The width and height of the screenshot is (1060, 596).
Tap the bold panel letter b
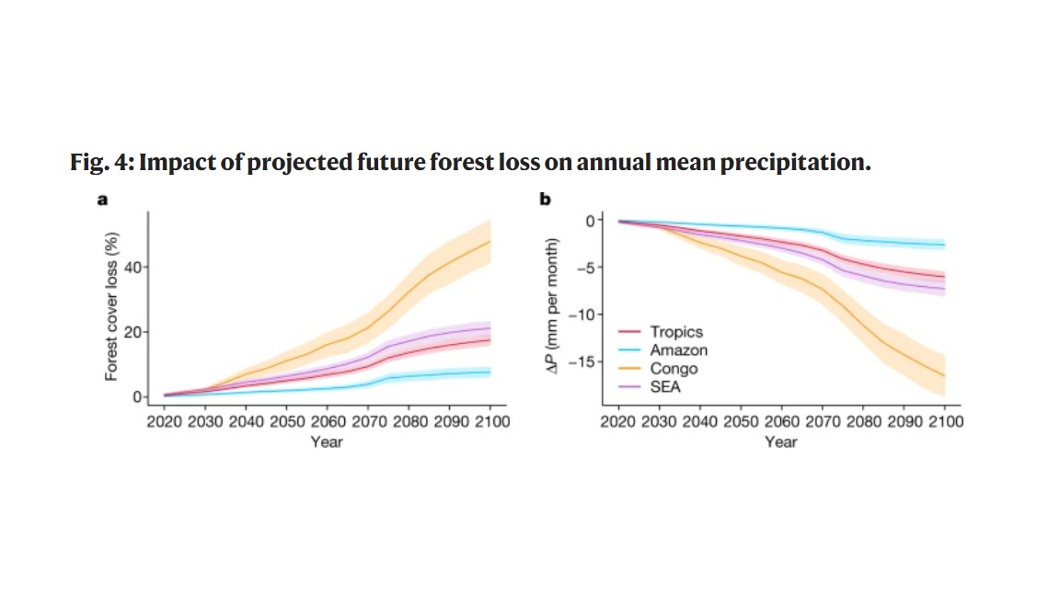click(x=544, y=199)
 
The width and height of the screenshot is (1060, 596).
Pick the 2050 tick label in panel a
click(x=287, y=421)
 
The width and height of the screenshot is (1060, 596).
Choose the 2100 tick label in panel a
click(x=490, y=421)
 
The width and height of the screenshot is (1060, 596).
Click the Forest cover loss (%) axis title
click(x=110, y=306)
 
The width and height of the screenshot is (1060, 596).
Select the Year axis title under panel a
click(x=326, y=442)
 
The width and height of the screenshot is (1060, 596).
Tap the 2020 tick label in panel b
click(x=619, y=421)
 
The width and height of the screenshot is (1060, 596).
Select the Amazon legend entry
click(x=679, y=350)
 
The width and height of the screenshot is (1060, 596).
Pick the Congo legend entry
click(x=674, y=369)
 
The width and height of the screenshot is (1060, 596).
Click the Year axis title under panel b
click(x=781, y=442)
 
